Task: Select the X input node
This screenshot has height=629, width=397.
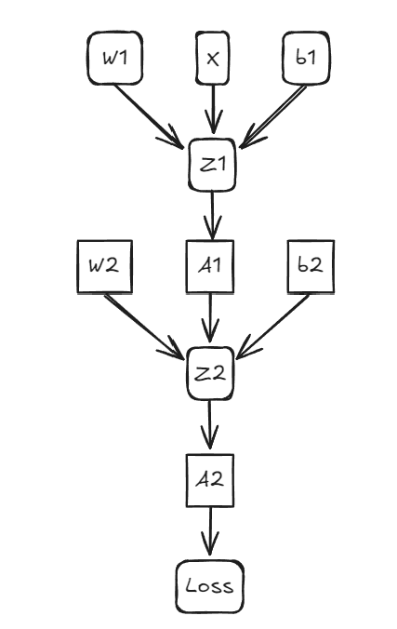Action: (x=213, y=59)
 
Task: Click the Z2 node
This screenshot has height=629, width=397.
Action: (x=212, y=373)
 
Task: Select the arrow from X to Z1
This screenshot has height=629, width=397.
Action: (x=214, y=110)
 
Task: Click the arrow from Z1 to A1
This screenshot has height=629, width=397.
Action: (x=213, y=217)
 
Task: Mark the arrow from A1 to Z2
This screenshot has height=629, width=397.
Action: (x=212, y=321)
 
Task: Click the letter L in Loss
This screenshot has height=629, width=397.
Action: (x=191, y=586)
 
